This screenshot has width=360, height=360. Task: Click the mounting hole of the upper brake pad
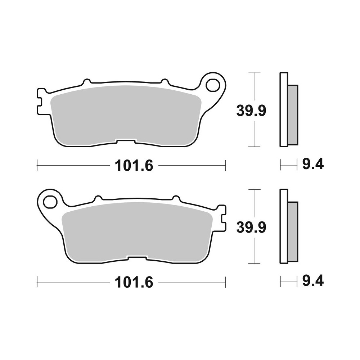pos(212,85)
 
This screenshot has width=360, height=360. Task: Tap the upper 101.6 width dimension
pos(134,166)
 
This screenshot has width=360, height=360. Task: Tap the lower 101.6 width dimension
pos(134,282)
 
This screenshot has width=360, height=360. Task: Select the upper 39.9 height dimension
pos(251,111)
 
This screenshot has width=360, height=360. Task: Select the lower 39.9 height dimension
pos(251,227)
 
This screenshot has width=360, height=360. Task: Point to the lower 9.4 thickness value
pos(313,281)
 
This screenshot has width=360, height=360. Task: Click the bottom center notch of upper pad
pos(125,141)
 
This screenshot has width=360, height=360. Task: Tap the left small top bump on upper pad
pos(86,82)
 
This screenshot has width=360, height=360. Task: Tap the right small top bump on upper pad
pos(165,82)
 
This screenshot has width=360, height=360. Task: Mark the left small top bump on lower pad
pos(98,198)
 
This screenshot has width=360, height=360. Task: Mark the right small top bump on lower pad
pos(176,198)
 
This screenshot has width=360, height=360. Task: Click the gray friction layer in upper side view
pos(293,115)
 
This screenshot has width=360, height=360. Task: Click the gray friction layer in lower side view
pos(293,231)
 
